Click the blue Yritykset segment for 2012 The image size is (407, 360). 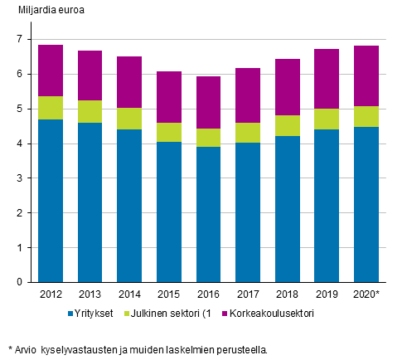(x=51, y=201)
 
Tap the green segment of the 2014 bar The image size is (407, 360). (x=129, y=119)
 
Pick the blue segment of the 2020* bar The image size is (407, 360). (x=366, y=205)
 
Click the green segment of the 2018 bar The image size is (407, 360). (x=287, y=125)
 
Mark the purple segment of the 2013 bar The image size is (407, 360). (x=90, y=75)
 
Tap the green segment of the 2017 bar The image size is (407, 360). (x=248, y=133)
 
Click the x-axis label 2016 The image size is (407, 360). (x=208, y=294)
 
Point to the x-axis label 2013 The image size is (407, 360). (x=90, y=294)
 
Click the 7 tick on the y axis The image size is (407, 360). (x=20, y=39)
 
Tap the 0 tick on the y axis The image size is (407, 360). (x=20, y=282)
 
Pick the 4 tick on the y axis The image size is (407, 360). (x=20, y=144)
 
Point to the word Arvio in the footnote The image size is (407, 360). (x=27, y=350)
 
